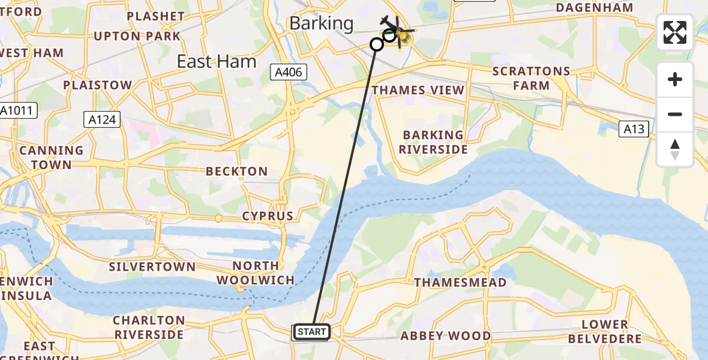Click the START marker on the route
[311, 332]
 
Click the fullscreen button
[675, 32]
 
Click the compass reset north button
[675, 149]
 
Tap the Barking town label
[322, 23]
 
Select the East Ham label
[217, 61]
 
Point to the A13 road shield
[634, 128]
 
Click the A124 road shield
[101, 119]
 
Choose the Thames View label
[418, 90]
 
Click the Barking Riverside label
[433, 142]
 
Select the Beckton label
[236, 172]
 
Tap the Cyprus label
[268, 216]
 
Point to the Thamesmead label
[460, 282]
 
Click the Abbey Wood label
[446, 336]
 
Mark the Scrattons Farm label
[531, 78]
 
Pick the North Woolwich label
[256, 272]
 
